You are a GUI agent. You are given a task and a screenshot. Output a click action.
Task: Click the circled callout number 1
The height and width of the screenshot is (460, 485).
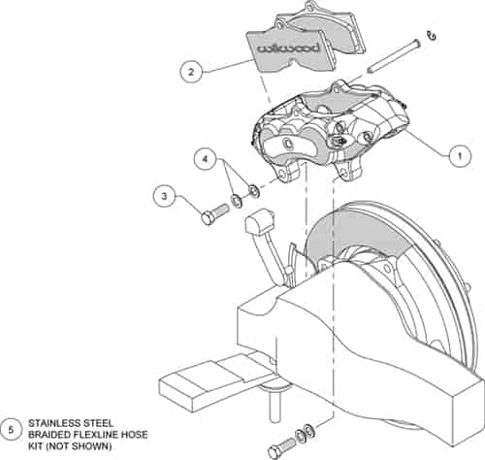tap(460, 156)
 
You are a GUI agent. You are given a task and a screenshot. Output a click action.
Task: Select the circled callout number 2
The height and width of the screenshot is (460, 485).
tap(191, 72)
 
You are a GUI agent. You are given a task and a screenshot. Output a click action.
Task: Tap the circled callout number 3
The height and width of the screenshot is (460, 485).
tap(164, 196)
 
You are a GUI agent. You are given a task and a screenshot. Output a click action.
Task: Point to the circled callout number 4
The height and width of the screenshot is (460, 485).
tap(205, 159)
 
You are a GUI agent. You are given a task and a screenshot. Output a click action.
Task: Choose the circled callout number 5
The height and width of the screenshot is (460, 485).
tap(11, 431)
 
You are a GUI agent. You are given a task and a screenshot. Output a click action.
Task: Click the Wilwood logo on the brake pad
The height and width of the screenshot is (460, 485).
tap(289, 49)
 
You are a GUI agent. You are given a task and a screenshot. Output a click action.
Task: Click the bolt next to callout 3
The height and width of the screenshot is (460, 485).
tap(215, 214)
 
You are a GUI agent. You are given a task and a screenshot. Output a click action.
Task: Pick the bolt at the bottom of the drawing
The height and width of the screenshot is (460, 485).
tap(281, 448)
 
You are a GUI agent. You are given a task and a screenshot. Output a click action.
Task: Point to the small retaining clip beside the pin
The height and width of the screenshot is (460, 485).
tap(432, 36)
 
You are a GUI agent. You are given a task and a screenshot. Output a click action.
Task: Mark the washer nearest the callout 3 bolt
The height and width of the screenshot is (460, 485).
tap(238, 201)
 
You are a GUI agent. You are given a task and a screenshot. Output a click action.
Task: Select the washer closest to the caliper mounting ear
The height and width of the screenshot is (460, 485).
tap(253, 191)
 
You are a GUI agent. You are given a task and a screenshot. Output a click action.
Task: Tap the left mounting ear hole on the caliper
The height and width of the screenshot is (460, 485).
tap(282, 175)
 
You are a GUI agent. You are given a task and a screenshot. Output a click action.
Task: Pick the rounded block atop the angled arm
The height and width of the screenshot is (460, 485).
tap(260, 220)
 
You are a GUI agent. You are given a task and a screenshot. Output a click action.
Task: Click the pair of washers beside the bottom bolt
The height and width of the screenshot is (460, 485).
tap(305, 433)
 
